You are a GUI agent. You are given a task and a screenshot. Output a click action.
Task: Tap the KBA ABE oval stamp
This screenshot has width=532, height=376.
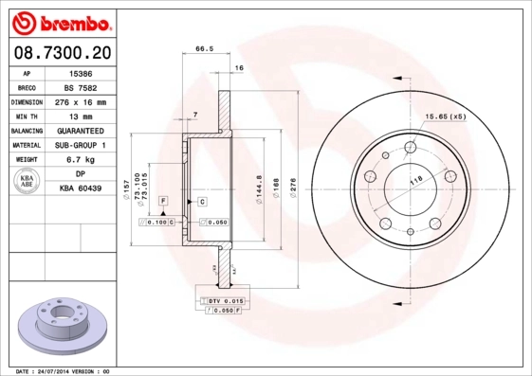tap(26, 183)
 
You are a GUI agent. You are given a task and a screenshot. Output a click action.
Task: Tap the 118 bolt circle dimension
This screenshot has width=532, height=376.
tap(414, 179)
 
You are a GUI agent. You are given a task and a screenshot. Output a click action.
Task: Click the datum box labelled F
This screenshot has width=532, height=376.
tap(163, 202)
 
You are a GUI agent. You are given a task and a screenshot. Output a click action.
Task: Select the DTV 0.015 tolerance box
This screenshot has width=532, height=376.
tap(224, 300)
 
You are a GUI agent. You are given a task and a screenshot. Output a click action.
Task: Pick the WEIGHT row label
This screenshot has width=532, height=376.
tap(26, 160)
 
